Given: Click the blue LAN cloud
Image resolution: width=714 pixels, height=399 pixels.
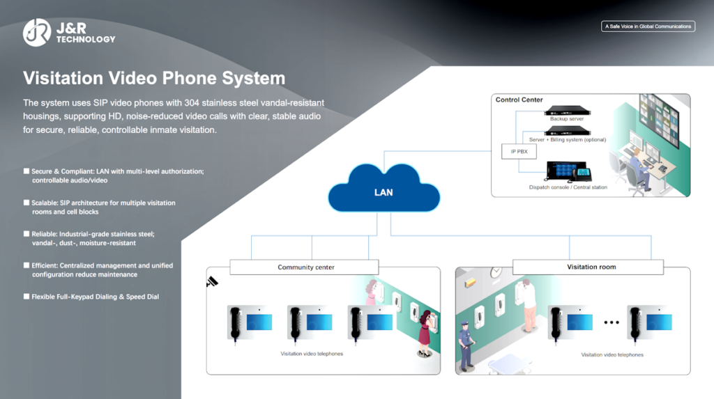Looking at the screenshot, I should pos(383,189).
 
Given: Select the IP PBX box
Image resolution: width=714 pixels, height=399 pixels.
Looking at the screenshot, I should pos(516,150).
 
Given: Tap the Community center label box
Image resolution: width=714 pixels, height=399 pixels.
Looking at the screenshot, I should pos(305,267).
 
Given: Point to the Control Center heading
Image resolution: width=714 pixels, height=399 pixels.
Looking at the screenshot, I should pos(519,100).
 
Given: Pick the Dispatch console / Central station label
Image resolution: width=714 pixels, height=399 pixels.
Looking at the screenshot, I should pos(568,187).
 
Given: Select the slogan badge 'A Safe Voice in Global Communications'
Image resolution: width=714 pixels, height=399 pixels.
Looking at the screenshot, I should pos(648,26).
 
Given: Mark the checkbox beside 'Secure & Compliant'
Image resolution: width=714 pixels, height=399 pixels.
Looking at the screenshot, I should pos(26,171).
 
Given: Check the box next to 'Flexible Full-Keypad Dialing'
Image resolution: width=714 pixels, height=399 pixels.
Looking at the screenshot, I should pos(26,297).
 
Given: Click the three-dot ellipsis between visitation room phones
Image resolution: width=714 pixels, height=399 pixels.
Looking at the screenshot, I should pos(612,322).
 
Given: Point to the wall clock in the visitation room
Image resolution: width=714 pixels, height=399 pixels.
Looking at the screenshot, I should pos(496,271).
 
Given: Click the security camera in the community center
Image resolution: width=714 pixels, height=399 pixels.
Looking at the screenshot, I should pos(212,282).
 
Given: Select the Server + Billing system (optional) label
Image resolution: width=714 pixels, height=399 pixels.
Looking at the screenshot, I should pos(567,140).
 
